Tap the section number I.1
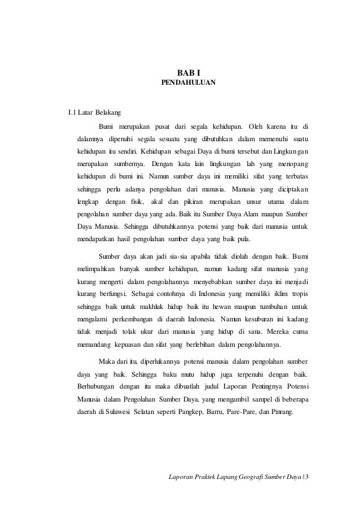[x=72, y=111]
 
